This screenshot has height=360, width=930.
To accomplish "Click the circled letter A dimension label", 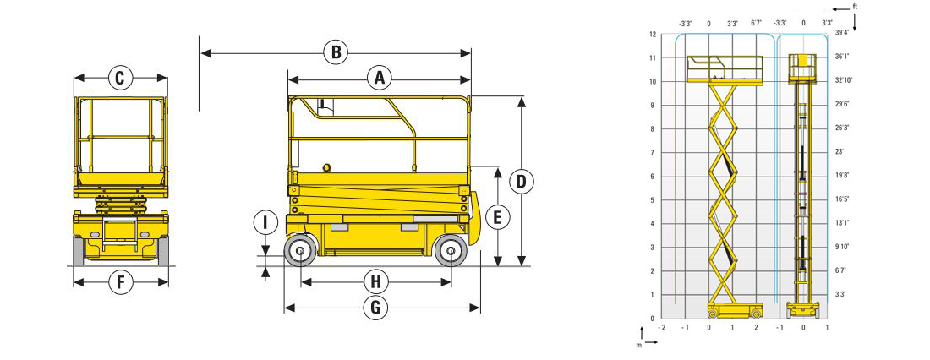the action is pyautogui.click(x=380, y=78).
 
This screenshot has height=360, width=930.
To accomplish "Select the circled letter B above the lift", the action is pyautogui.click(x=336, y=52).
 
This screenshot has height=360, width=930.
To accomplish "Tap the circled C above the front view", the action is pyautogui.click(x=120, y=78).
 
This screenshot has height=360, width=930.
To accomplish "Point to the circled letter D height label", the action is pyautogui.click(x=522, y=182).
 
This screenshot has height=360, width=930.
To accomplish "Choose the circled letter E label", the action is pyautogui.click(x=498, y=217).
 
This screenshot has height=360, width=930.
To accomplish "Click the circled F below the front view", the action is pyautogui.click(x=120, y=282).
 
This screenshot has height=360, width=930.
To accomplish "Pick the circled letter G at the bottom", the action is pyautogui.click(x=375, y=308).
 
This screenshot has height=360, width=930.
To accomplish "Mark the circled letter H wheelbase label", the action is pyautogui.click(x=375, y=281).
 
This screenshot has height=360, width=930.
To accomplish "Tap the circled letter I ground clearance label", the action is pyautogui.click(x=265, y=223).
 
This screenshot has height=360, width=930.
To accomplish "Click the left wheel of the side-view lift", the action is pyautogui.click(x=300, y=251).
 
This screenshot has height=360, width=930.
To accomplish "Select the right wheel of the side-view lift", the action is pyautogui.click(x=451, y=251).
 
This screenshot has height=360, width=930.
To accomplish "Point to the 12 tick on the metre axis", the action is pyautogui.click(x=652, y=34).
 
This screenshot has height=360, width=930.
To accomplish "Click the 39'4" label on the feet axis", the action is pyautogui.click(x=842, y=33).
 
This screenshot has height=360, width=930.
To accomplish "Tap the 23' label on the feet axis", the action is pyautogui.click(x=839, y=152).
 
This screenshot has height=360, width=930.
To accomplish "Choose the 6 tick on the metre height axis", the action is pyautogui.click(x=653, y=176).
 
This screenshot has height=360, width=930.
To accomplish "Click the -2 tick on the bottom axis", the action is pyautogui.click(x=661, y=327).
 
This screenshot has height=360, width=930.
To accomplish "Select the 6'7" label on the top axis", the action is pyautogui.click(x=756, y=24).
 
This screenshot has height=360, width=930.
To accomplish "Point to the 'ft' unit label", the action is pyautogui.click(x=855, y=7).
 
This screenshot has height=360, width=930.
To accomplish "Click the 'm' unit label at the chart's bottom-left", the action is pyautogui.click(x=638, y=345).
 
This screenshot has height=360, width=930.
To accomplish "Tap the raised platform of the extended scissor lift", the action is pyautogui.click(x=725, y=68).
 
